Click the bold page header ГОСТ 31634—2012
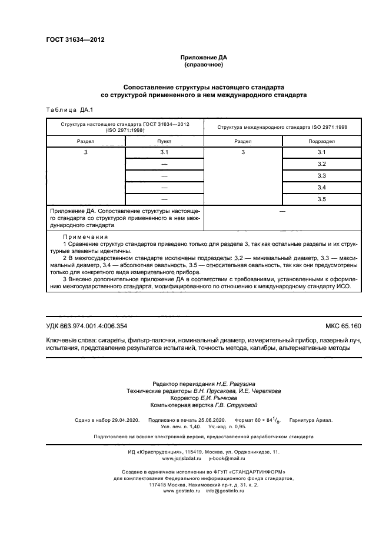[75, 40]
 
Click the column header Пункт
[164, 142]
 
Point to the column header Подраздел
[321, 142]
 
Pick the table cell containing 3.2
[321, 164]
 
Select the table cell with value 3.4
[321, 187]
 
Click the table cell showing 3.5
[321, 199]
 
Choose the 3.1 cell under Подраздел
[321, 152]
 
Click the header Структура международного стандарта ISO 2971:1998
[282, 127]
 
